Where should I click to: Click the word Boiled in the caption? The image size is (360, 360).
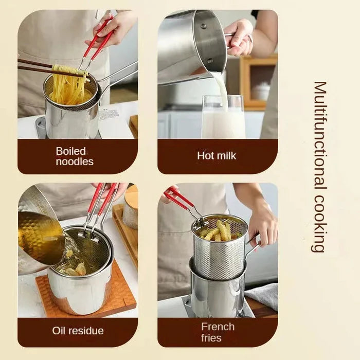(70, 151)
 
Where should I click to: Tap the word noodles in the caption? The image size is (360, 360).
(74, 161)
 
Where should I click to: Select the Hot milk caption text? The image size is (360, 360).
(217, 155)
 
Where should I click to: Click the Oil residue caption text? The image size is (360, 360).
(78, 331)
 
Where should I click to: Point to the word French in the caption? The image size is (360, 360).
(218, 327)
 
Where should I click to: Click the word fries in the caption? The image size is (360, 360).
(211, 338)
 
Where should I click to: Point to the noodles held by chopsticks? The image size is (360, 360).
(68, 87)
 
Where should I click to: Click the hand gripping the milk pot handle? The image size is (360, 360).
(238, 36)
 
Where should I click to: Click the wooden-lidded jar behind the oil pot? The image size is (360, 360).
(130, 211)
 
